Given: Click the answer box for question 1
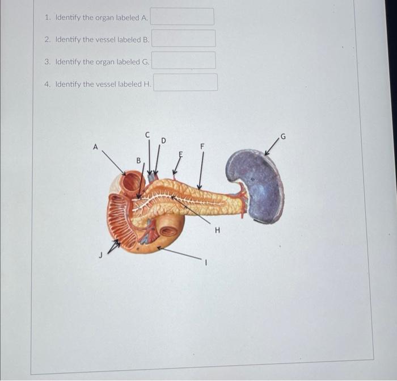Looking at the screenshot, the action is [x=182, y=16].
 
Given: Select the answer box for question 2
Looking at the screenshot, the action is [x=183, y=39].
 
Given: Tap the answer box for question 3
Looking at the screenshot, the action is [x=183, y=60].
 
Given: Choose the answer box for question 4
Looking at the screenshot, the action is [x=185, y=82].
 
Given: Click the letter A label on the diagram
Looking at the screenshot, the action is [x=95, y=147].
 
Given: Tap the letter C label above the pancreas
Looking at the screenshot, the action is [x=147, y=135].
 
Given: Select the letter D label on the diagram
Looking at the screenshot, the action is [x=163, y=140].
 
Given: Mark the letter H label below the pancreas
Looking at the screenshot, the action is [x=217, y=231].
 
